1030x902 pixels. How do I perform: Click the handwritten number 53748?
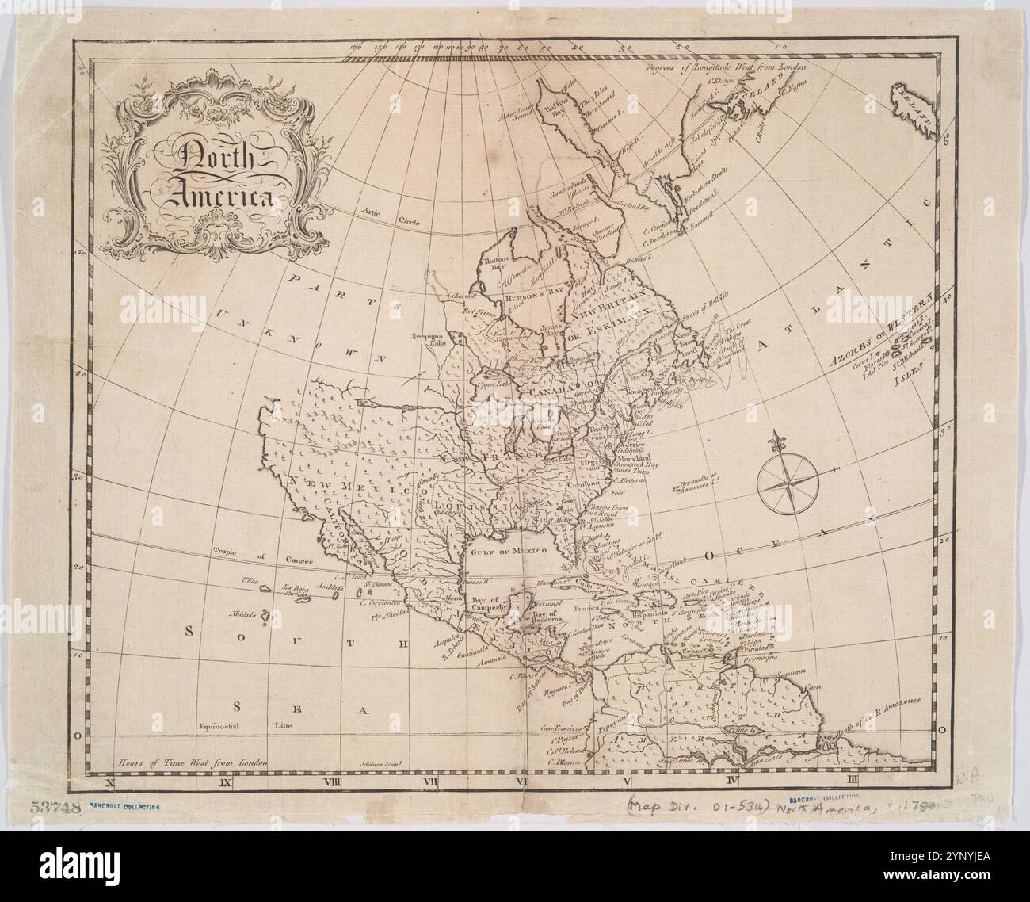pyautogui.click(x=56, y=806)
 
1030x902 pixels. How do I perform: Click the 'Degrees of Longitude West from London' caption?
pyautogui.click(x=725, y=68)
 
